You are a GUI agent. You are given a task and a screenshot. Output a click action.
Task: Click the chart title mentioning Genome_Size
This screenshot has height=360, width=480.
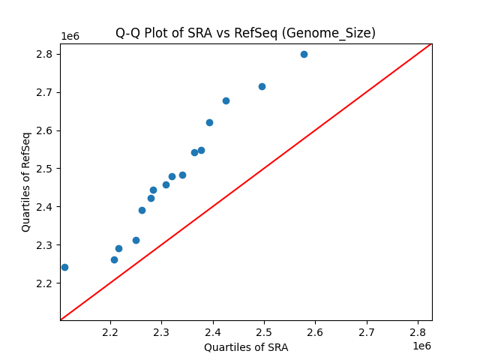click(245, 33)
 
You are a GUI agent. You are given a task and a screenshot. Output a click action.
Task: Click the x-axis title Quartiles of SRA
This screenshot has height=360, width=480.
click(245, 347)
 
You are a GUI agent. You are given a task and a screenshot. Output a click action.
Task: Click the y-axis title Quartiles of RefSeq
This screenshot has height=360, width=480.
click(26, 181)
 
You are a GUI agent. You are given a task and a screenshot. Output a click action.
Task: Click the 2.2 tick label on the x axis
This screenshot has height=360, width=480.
click(110, 332)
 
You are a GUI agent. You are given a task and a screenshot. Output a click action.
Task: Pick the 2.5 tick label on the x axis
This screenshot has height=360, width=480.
click(264, 332)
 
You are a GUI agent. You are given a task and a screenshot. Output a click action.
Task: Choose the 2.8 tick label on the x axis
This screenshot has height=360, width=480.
click(417, 332)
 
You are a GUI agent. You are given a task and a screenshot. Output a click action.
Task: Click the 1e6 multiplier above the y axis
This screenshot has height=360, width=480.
click(70, 36)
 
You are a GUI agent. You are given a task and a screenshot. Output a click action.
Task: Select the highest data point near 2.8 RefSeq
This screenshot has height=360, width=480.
click(304, 54)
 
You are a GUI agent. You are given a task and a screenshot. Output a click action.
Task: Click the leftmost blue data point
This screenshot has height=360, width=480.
click(64, 267)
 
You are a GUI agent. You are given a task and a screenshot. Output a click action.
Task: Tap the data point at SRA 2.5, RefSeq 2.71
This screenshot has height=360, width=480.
click(262, 86)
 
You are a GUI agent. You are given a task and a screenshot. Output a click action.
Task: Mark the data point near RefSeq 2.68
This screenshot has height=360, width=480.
click(226, 100)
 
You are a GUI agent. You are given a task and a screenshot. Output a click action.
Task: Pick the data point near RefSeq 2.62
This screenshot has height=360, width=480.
click(209, 122)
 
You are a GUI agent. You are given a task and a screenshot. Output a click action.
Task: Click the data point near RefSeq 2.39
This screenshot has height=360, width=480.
click(142, 210)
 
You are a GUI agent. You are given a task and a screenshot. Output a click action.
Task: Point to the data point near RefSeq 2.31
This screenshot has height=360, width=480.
click(136, 240)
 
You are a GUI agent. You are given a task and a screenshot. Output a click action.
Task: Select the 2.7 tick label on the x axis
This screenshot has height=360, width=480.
click(366, 332)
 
